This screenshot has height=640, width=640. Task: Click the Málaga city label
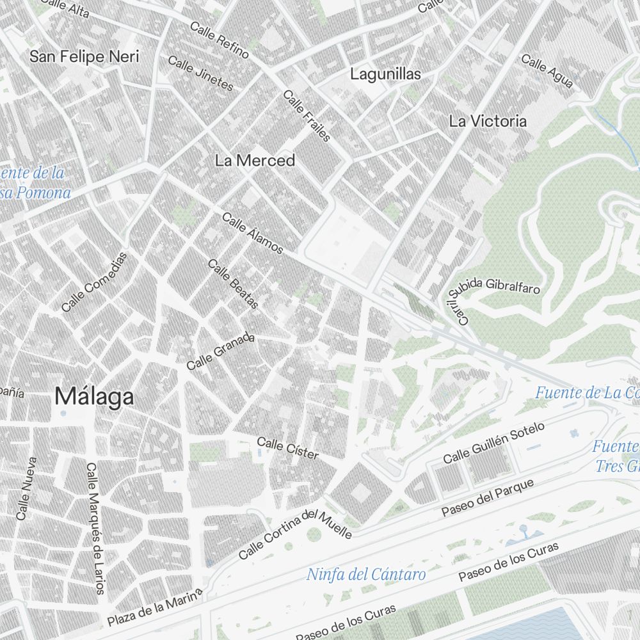click(94, 397)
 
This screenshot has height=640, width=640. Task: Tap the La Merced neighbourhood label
click(255, 161)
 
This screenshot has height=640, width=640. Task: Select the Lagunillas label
click(385, 74)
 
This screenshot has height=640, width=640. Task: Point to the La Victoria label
click(488, 121)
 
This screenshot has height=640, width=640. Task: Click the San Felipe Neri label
click(84, 57)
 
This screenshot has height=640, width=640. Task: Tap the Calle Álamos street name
click(252, 233)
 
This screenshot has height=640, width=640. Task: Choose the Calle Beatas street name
click(233, 284)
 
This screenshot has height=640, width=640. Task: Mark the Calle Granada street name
click(221, 351)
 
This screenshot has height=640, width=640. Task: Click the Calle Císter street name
click(287, 448)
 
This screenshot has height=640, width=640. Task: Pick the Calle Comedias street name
click(95, 282)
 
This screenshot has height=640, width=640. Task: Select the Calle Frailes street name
click(307, 116)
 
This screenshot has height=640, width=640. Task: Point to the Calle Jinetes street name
click(200, 73)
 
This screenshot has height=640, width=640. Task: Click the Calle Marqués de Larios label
click(95, 528)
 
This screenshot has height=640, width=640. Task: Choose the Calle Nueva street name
click(28, 488)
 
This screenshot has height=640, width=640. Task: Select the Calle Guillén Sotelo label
click(494, 443)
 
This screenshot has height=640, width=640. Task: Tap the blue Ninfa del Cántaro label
click(365, 574)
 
